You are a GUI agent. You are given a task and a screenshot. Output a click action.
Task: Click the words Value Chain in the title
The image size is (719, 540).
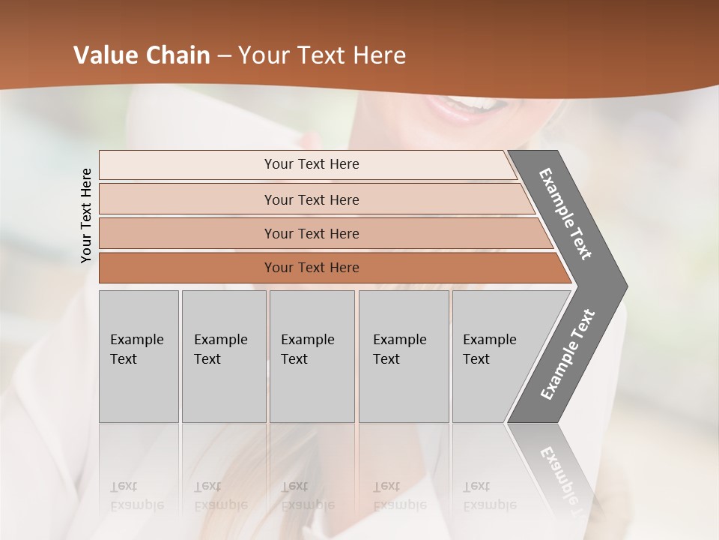pos(142,55)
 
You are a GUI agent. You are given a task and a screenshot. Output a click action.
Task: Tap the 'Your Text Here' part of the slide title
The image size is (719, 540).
pos(322,55)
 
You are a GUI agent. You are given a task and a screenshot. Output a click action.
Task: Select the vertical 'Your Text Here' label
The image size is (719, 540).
pos(86,216)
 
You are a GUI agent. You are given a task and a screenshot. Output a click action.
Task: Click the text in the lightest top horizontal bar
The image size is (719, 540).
pos(312,164)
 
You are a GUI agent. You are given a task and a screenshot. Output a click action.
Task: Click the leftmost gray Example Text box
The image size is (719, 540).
pos(139,356)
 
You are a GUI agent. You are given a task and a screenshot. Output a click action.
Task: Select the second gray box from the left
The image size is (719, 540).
pos(223,356)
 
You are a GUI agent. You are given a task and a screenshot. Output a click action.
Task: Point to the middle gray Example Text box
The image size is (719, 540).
pos(312,356)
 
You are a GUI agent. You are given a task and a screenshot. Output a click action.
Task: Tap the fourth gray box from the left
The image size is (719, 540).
pos(403,356)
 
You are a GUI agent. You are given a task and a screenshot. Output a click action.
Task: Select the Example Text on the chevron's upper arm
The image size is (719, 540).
pos(565,214)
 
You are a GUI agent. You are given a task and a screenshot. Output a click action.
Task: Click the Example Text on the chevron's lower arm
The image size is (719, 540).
pos(567,355)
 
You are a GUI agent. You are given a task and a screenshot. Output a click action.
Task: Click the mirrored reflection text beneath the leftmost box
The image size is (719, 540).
pos(137,496)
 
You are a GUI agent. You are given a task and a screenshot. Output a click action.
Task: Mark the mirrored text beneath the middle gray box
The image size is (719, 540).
pos(308,496)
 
